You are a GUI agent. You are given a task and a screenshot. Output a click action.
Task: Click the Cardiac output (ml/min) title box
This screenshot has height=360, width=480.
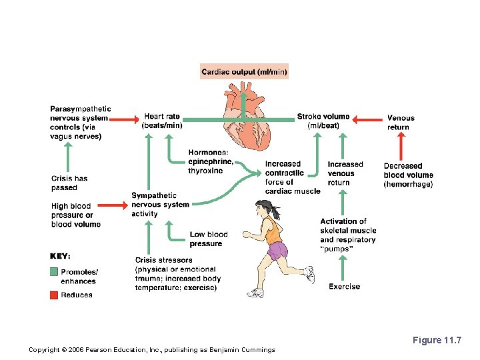(244, 71)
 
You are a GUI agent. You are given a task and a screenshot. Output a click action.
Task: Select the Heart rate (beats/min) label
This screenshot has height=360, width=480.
(162, 121)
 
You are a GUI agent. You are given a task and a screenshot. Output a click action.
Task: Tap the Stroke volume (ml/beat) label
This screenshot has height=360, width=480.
(323, 121)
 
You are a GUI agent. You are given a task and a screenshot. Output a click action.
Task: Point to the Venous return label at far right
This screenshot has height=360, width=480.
(401, 123)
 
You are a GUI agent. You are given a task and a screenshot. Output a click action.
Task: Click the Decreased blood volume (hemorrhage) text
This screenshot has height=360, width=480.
(408, 175)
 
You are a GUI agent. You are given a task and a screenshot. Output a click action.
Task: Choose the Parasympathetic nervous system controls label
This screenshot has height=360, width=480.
(80, 123)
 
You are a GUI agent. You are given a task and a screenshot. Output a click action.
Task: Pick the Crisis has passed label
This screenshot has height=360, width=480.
(69, 183)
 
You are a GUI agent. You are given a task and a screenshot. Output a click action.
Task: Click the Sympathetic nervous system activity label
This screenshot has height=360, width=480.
(160, 205)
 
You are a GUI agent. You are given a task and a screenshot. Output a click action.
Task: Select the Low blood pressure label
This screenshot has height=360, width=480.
(208, 239)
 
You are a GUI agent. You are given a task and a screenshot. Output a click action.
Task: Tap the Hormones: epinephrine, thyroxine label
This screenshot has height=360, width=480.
(211, 161)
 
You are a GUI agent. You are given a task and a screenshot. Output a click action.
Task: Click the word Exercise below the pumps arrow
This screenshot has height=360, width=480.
(344, 287)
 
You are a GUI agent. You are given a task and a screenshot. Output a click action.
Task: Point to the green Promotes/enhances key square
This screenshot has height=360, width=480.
(54, 272)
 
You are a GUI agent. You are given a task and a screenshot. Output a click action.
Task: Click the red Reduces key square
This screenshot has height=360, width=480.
(54, 295)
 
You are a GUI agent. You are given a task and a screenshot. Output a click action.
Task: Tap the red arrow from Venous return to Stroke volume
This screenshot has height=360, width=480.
(367, 120)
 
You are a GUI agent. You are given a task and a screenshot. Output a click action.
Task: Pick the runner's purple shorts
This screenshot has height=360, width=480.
(276, 251)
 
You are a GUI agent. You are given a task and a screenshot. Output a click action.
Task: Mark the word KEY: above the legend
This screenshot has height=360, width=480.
(60, 255)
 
